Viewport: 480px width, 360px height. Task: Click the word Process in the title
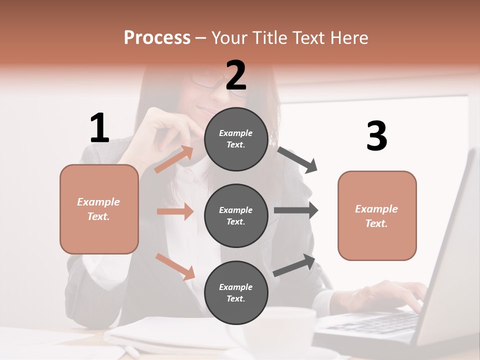[157, 38]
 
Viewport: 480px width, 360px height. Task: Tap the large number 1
[99, 128]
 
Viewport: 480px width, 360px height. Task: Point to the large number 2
[236, 75]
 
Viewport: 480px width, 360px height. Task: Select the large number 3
[376, 136]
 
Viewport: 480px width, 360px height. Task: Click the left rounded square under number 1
[99, 209]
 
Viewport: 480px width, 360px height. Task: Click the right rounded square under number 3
[377, 215]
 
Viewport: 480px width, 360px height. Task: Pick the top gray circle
[236, 139]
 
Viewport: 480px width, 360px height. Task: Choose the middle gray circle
[236, 215]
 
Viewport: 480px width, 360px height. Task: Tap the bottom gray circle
[236, 292]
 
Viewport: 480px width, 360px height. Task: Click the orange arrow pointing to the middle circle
[175, 211]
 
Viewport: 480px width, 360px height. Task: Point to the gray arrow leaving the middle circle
[296, 210]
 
